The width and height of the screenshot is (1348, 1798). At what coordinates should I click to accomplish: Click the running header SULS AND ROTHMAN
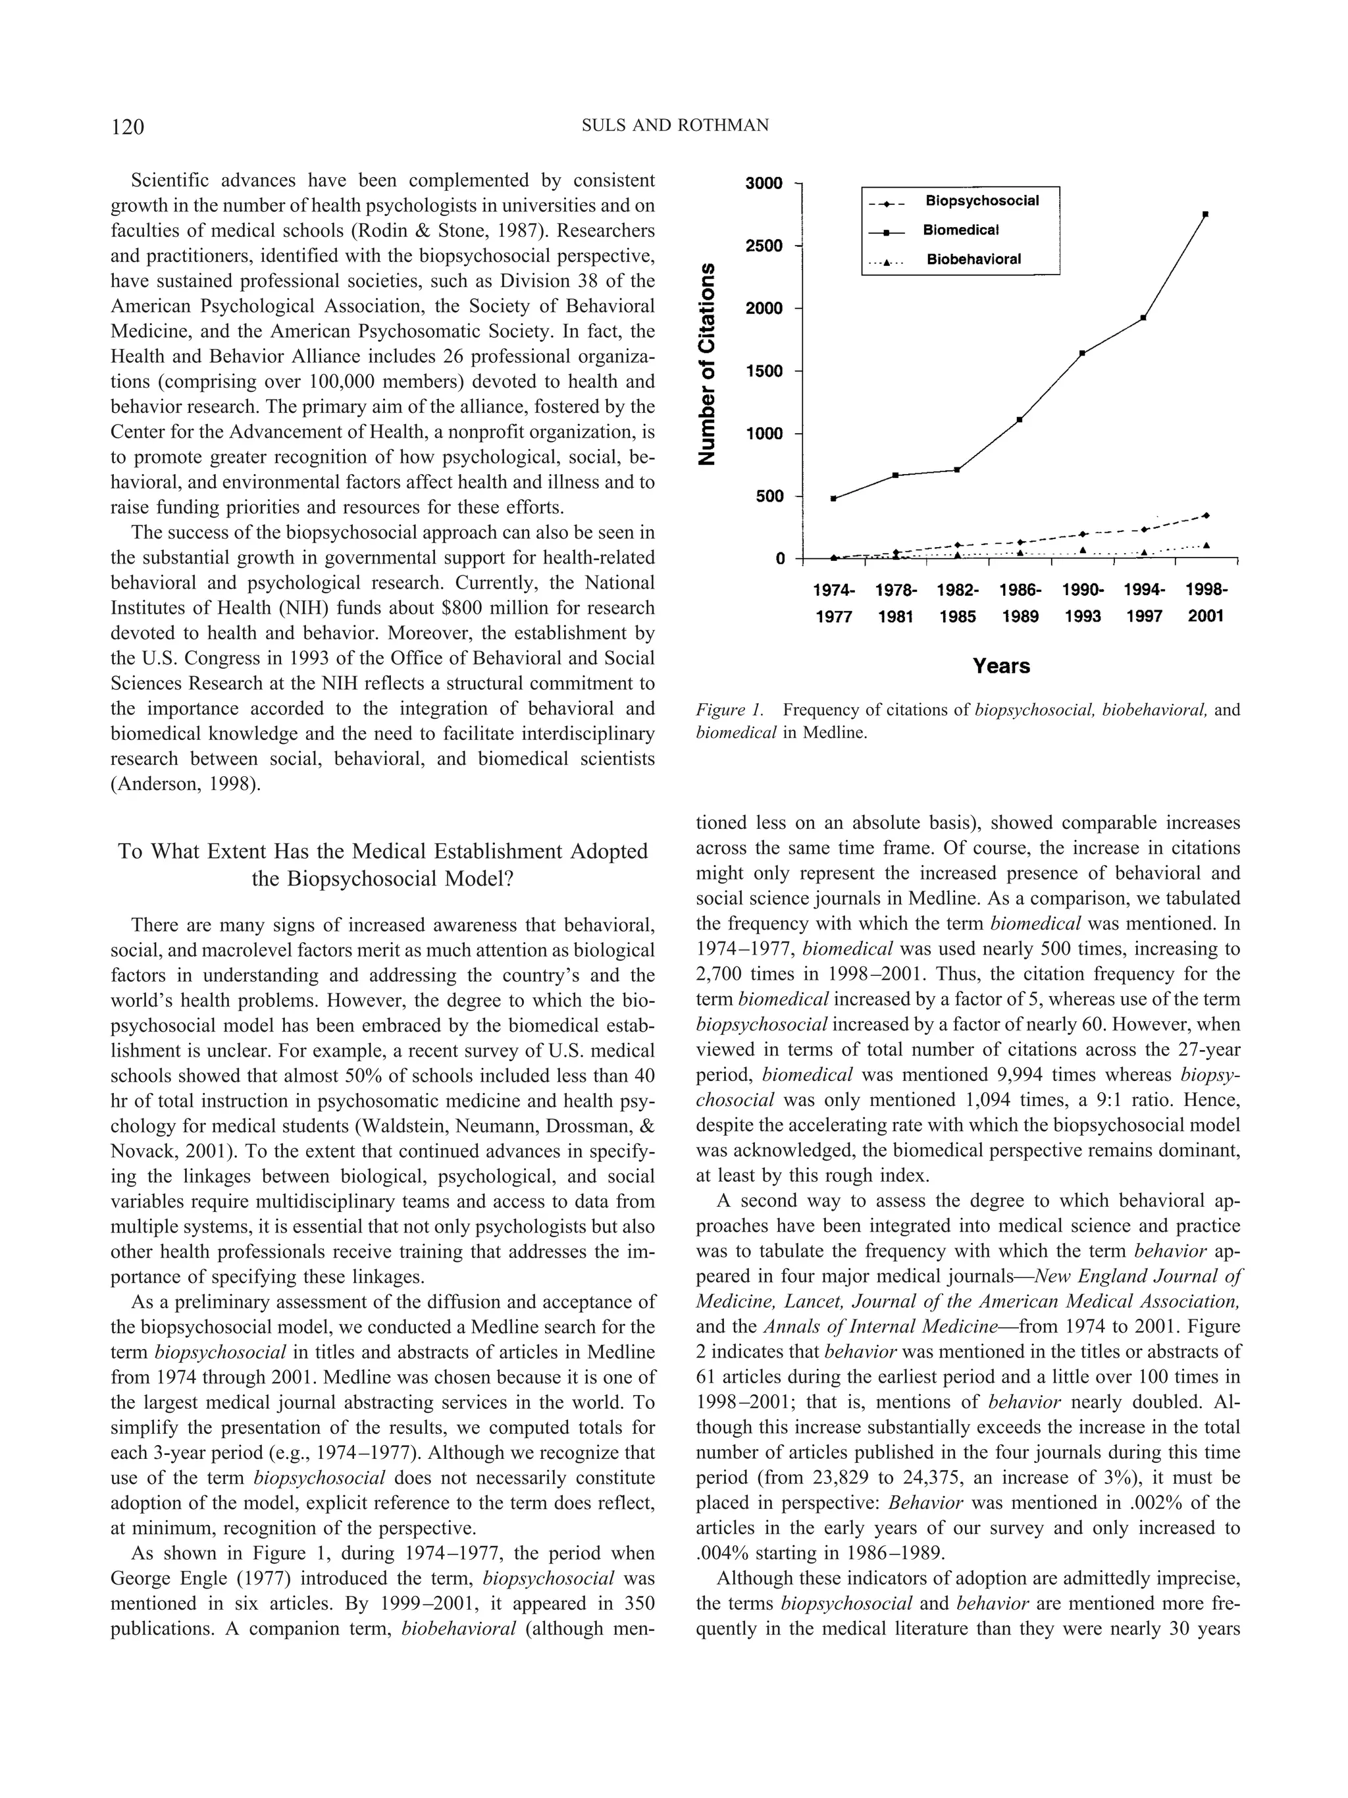675,125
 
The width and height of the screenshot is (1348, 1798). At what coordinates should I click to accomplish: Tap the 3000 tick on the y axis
763,183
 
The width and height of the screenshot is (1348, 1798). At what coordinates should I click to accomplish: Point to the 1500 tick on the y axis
763,371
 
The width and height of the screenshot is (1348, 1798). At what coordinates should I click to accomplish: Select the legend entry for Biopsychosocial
981,201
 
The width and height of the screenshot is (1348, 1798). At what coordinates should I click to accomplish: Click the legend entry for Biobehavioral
973,259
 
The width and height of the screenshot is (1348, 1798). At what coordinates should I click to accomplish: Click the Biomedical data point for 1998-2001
1205,214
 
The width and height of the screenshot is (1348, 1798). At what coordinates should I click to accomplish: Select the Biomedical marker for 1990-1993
1082,353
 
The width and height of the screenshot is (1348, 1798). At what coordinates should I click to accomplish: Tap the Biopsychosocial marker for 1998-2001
1206,516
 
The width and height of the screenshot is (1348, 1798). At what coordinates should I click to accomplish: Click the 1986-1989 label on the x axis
1020,603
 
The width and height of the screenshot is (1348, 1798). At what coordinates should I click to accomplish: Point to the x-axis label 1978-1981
895,603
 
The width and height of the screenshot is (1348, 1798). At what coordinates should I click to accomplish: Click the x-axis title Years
1001,666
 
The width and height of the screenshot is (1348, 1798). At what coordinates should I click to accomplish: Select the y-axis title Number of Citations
708,363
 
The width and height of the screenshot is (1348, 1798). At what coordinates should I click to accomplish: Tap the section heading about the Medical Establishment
382,865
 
